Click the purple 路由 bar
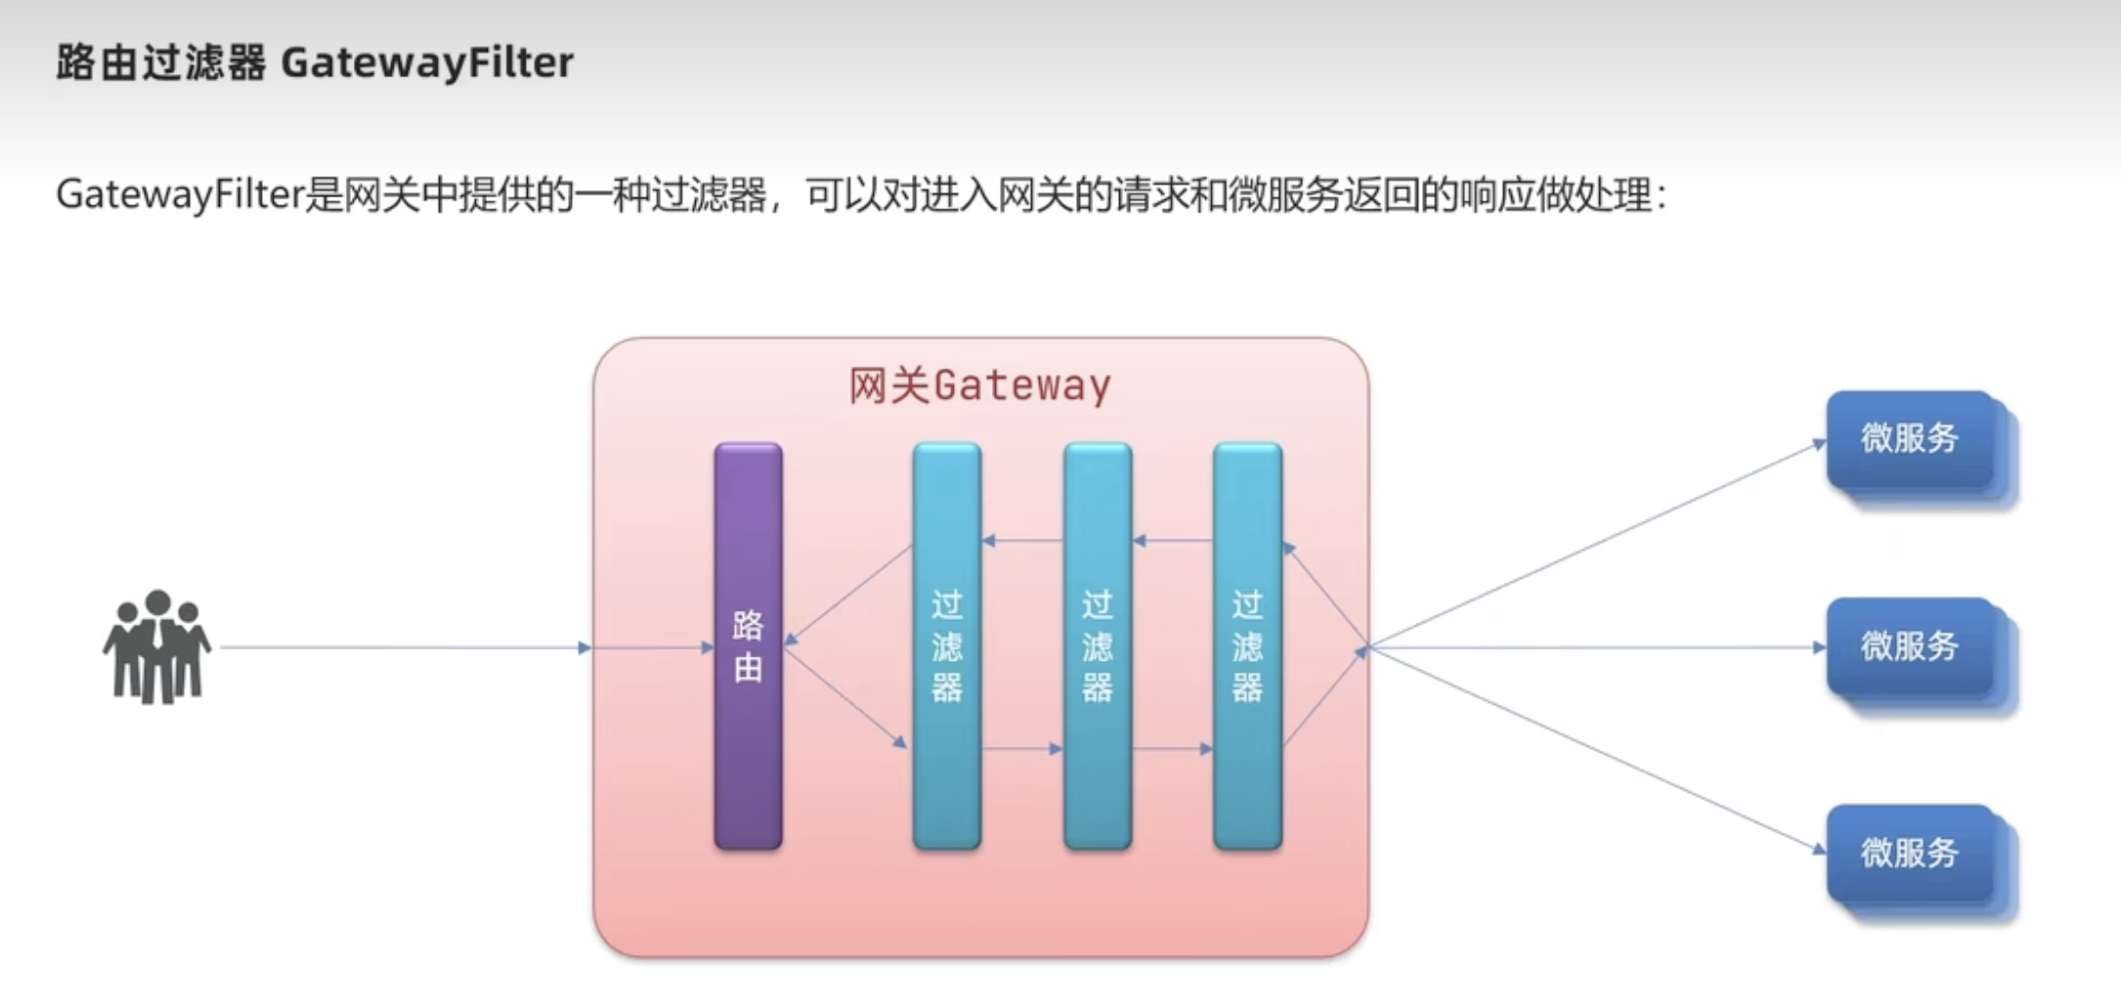[x=748, y=645]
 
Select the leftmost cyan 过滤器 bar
[x=946, y=645]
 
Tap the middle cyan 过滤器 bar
[x=1097, y=645]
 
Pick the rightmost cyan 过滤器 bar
[x=1247, y=645]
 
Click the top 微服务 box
[x=1910, y=439]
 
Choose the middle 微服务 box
[x=1910, y=646]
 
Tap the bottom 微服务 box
[x=1910, y=853]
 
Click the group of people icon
[x=156, y=646]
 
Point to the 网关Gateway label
[x=979, y=385]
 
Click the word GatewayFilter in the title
[x=427, y=63]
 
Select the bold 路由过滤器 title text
[x=161, y=63]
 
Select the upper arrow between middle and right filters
[x=1173, y=540]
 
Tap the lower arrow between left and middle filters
[x=1022, y=749]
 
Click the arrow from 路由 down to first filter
[x=846, y=698]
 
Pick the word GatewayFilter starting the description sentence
[x=181, y=195]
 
